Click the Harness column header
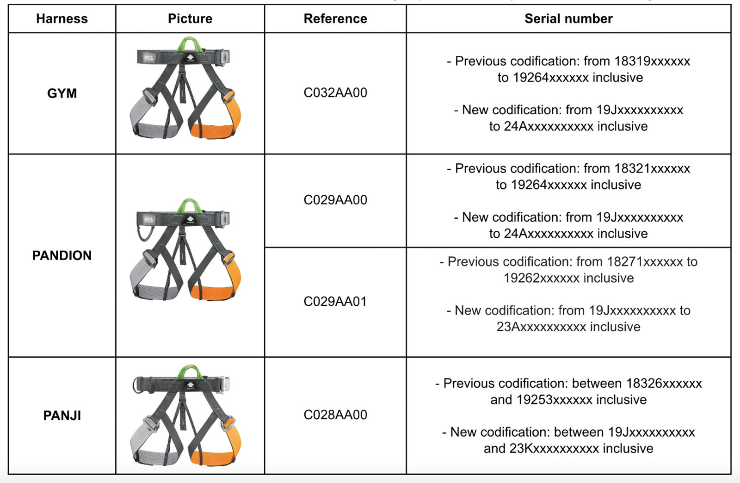point(62,19)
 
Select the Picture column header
point(190,19)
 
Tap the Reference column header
point(335,19)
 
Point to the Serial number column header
point(568,19)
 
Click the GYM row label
point(62,93)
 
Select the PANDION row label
point(62,255)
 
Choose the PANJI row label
point(62,415)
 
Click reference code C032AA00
point(335,93)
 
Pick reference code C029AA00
point(335,200)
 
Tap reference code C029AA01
point(335,302)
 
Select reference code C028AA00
point(335,415)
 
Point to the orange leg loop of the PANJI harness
point(217,456)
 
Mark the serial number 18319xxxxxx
point(652,61)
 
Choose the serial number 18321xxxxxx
point(652,168)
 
